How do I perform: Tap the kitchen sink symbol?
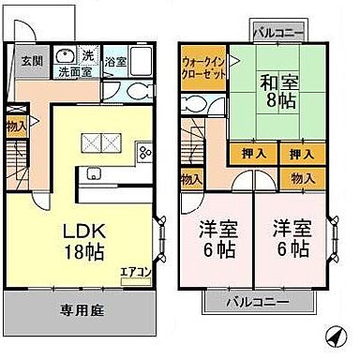coord(94,172)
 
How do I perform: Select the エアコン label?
coord(134,273)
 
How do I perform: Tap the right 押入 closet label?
coord(301,153)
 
